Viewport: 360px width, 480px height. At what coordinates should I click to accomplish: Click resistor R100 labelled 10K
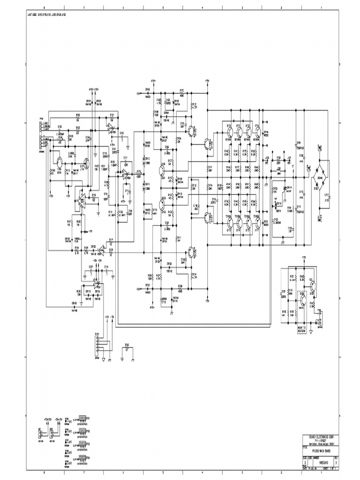coord(78,117)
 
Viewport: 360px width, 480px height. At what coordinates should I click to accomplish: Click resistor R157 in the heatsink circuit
coord(292,278)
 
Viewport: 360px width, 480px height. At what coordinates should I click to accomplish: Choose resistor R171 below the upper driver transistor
coord(210,169)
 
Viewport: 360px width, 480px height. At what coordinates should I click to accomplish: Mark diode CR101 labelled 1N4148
coord(88,103)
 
